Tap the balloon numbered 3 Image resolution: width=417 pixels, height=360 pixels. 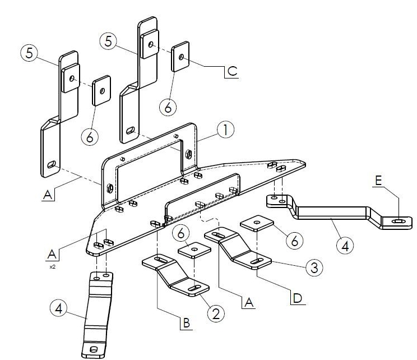pos(314,267)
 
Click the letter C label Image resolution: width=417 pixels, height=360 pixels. pos(232,72)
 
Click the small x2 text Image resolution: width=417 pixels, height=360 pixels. pos(52,267)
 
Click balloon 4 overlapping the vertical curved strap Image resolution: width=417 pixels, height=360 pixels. pos(59,308)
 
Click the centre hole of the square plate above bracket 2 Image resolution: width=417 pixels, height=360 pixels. pos(194,247)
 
